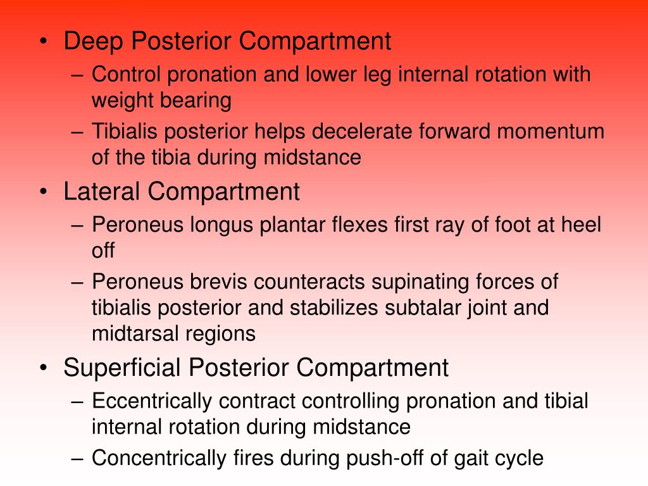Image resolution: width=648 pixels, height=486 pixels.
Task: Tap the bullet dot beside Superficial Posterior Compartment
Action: tap(42, 368)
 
